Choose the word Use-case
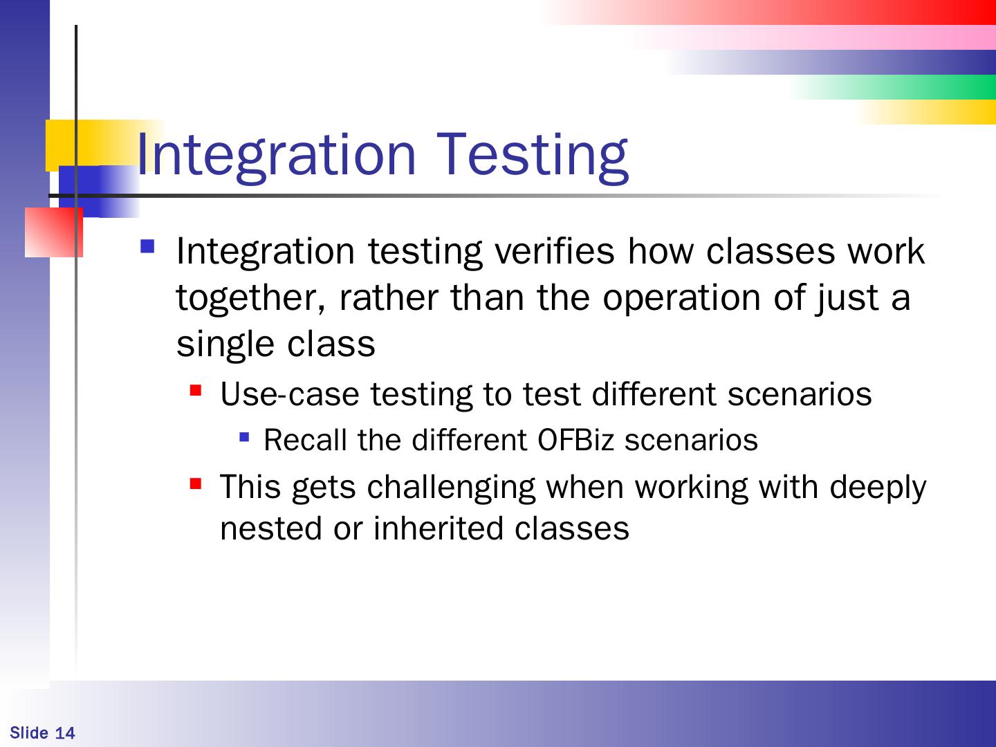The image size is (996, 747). click(290, 394)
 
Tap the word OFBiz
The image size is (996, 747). click(576, 439)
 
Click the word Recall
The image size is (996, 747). click(306, 439)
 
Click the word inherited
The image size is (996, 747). click(439, 528)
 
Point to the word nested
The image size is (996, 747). click(271, 529)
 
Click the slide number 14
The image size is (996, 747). click(65, 733)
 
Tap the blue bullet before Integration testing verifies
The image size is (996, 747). click(147, 246)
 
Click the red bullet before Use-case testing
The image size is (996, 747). click(196, 391)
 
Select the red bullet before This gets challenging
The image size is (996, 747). click(196, 484)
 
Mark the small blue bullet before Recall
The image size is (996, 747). click(245, 437)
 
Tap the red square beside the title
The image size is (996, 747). click(54, 232)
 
